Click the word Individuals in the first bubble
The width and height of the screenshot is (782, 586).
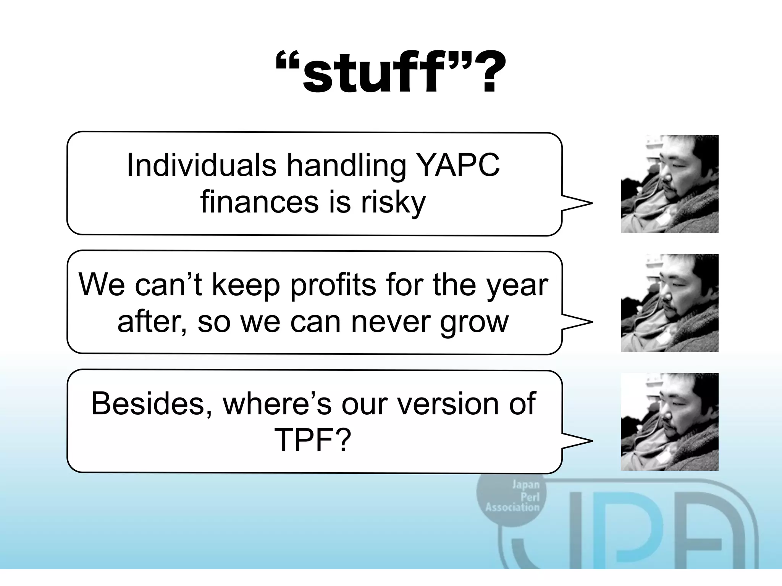(201, 166)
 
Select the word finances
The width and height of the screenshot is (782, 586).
(259, 202)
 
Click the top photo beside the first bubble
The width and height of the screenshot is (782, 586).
(669, 184)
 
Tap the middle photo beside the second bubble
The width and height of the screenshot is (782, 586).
(669, 303)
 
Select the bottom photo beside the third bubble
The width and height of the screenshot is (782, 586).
(669, 422)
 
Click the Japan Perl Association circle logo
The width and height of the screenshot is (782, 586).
(512, 496)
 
